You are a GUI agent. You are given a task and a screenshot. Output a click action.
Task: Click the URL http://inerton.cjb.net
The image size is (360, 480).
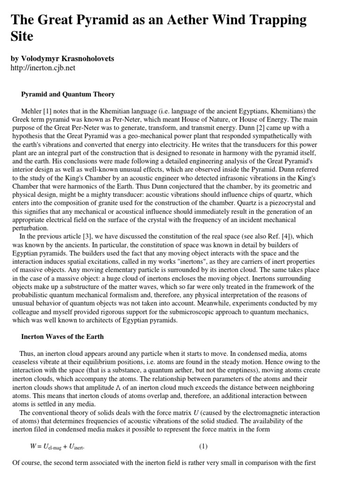tap(43, 68)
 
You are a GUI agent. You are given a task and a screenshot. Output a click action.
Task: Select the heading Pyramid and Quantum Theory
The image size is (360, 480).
tap(68, 94)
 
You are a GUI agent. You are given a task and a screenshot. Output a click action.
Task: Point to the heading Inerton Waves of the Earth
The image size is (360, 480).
tap(62, 337)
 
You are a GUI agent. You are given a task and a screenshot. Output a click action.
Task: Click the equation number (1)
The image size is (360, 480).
tap(203, 446)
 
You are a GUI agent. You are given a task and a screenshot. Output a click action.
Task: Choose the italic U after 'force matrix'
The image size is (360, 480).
tap(195, 413)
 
